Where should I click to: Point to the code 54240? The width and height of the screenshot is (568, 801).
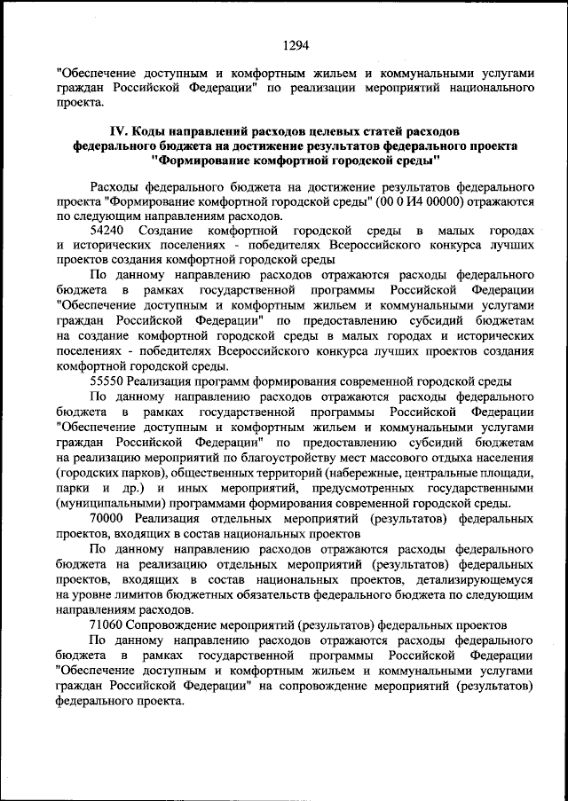click(x=110, y=230)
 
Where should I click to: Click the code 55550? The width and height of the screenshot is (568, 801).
click(x=110, y=381)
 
